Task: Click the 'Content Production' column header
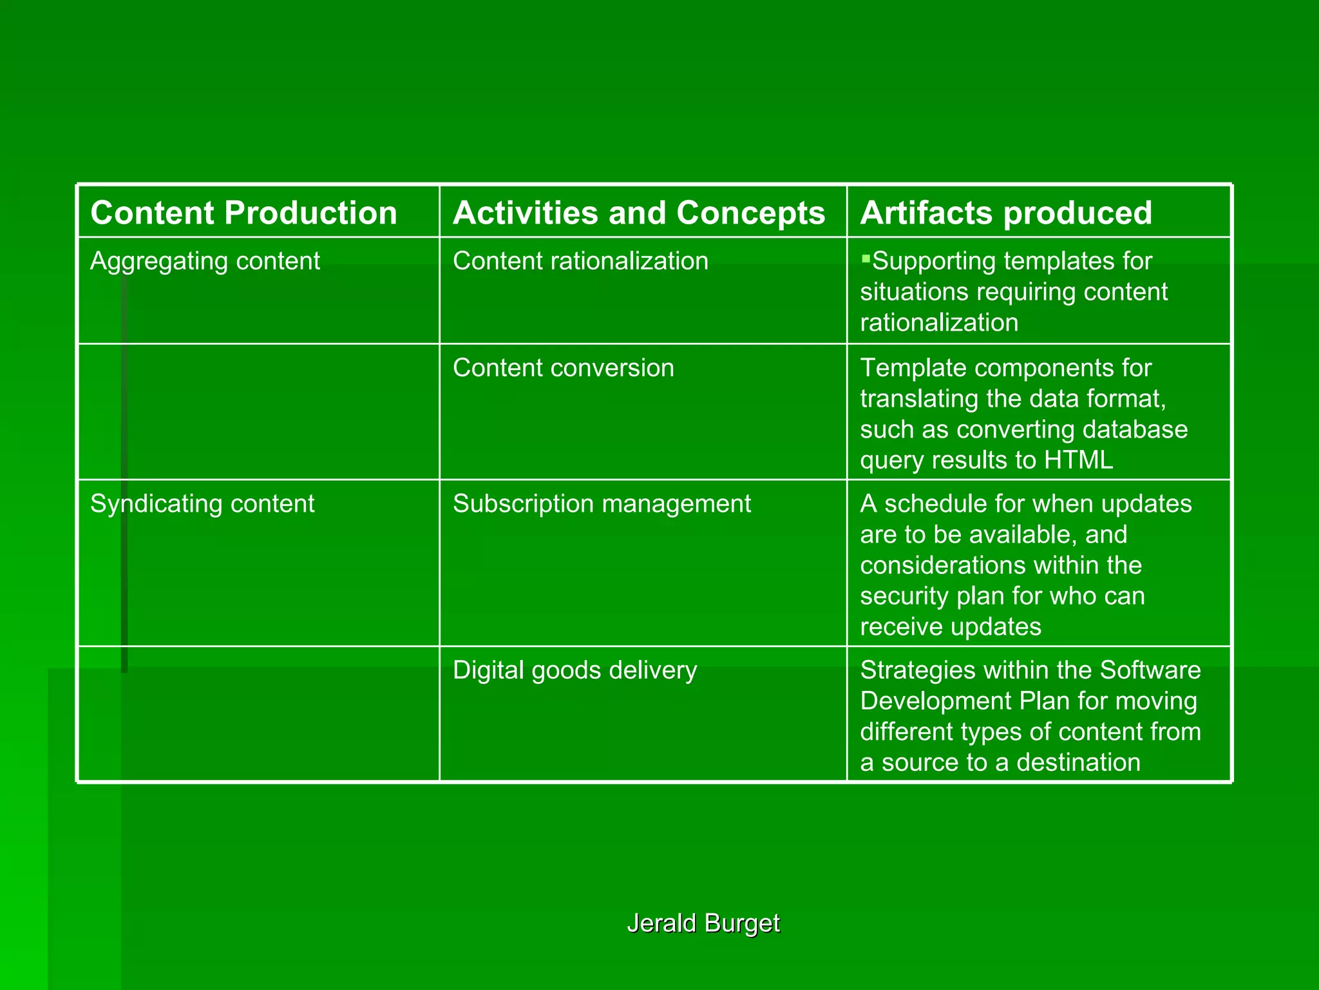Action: click(x=243, y=213)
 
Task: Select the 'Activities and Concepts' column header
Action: click(x=638, y=213)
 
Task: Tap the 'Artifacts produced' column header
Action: click(x=1006, y=213)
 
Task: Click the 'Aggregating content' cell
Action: click(x=205, y=261)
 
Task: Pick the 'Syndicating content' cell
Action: click(x=202, y=503)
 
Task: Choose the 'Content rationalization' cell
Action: click(x=580, y=261)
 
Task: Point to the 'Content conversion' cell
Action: click(x=564, y=368)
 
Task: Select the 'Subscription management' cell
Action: click(x=602, y=503)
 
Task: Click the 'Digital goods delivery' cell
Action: click(x=574, y=670)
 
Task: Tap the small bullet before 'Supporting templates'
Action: click(x=866, y=259)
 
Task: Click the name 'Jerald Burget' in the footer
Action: click(x=703, y=923)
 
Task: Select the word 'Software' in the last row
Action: click(x=1150, y=670)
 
